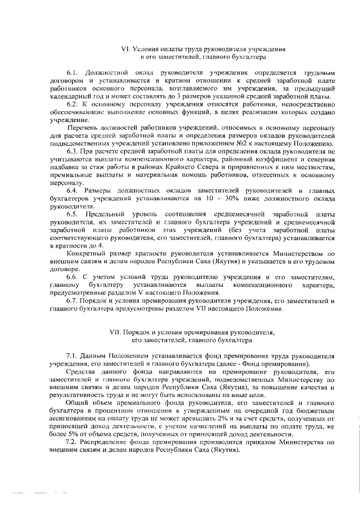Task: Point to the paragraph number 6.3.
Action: coord(73,152)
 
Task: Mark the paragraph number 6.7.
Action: coord(73,300)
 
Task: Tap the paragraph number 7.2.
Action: coord(73,443)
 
